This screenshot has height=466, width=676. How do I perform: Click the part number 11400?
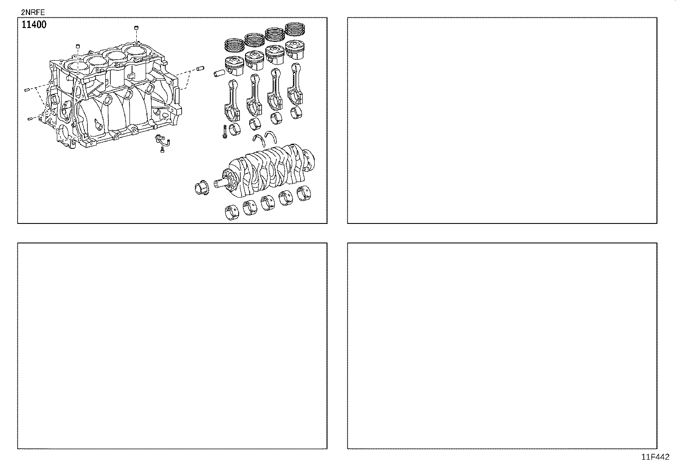(x=34, y=25)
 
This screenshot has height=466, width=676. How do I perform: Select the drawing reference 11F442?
(x=655, y=457)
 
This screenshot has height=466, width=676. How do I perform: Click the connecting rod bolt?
(x=223, y=131)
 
